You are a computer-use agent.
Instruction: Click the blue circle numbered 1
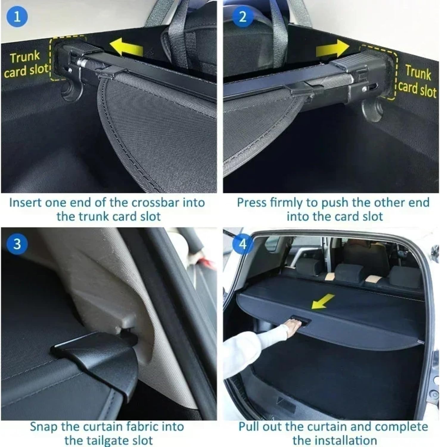(17, 17)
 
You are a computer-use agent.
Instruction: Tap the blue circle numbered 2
(243, 17)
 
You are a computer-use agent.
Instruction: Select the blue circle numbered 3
(17, 243)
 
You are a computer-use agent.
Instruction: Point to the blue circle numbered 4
(243, 243)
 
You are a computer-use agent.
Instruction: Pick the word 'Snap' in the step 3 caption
(43, 426)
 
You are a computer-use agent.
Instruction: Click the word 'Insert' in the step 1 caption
(25, 203)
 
